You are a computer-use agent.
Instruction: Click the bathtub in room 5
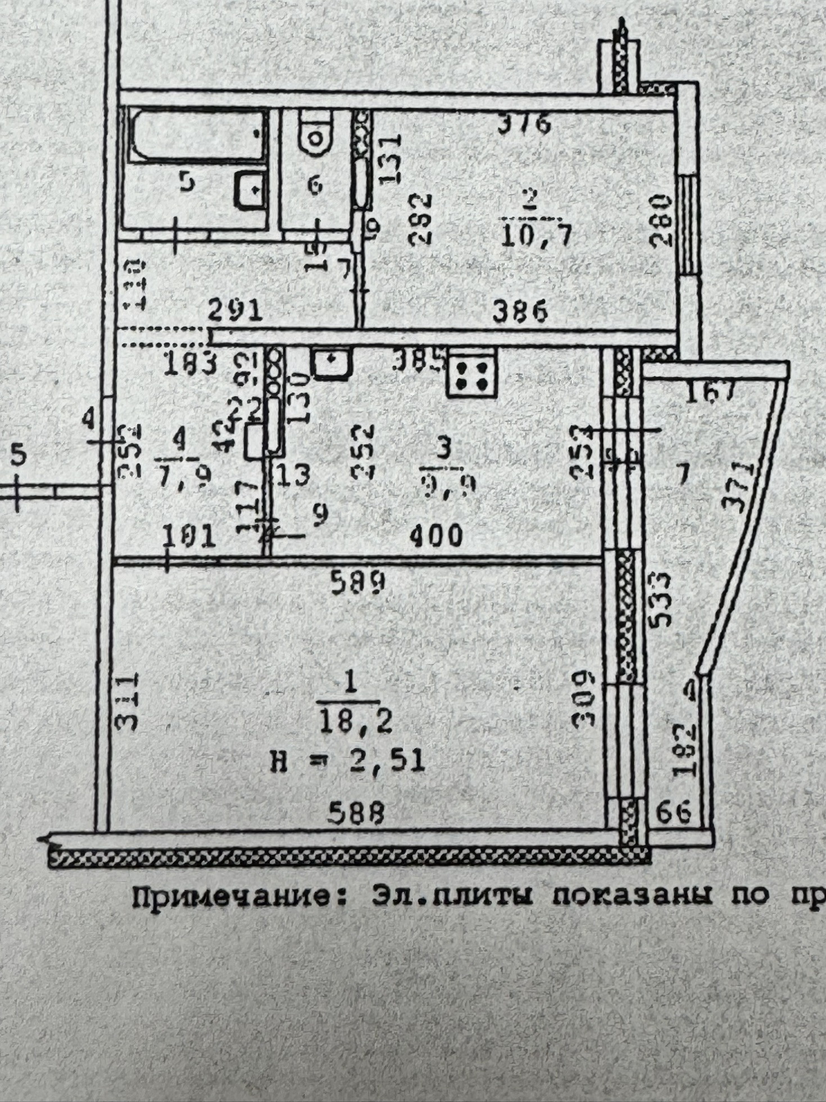pyautogui.click(x=198, y=135)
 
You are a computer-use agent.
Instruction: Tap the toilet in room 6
pyautogui.click(x=316, y=132)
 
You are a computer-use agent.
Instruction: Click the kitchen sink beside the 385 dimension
pyautogui.click(x=332, y=364)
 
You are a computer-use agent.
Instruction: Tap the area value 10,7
pyautogui.click(x=536, y=236)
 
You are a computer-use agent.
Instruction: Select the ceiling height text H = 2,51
pyautogui.click(x=347, y=762)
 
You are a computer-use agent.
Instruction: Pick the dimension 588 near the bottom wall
pyautogui.click(x=357, y=814)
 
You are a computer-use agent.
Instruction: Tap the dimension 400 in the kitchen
pyautogui.click(x=435, y=536)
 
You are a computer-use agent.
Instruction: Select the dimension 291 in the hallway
pyautogui.click(x=235, y=310)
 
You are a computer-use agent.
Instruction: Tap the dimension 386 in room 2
pyautogui.click(x=520, y=311)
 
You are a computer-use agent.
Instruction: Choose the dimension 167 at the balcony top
pyautogui.click(x=711, y=391)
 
